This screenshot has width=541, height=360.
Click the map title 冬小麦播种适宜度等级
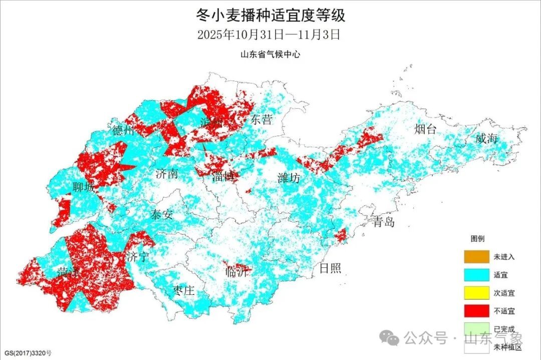pos(270,16)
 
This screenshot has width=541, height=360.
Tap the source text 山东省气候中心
pos(270,55)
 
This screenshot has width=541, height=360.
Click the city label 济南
pos(166,174)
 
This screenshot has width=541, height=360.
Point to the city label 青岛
pos(383,221)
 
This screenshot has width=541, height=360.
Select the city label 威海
pos(486,139)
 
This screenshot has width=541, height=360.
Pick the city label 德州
pos(123,131)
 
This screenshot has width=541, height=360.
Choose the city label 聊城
pos(83,188)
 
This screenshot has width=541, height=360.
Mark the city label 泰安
pos(161,215)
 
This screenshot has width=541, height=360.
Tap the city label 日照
pos(330,268)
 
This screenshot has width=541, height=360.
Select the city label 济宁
pos(138,258)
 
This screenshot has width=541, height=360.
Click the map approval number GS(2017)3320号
pos(27,353)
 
